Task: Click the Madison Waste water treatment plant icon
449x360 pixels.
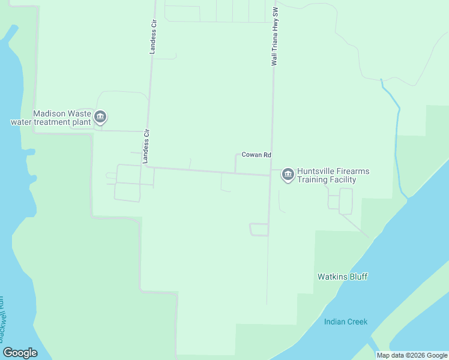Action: [x=100, y=116]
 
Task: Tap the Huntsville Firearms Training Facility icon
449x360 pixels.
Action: [x=288, y=175]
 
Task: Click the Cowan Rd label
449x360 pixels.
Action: [x=256, y=155]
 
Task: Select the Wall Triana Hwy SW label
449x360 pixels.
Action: [x=275, y=37]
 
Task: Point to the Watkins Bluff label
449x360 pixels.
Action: [x=342, y=277]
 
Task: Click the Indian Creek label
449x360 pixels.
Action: [x=346, y=322]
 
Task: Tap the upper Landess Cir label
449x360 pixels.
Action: [x=152, y=36]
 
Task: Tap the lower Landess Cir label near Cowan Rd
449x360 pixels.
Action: [x=145, y=146]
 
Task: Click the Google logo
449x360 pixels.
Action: [x=20, y=353]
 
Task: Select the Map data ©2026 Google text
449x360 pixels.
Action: [x=412, y=355]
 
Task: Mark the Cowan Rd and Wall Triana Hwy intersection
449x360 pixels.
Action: [x=270, y=175]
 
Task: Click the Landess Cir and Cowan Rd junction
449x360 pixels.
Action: [x=146, y=167]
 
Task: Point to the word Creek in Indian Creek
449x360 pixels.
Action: [x=357, y=322]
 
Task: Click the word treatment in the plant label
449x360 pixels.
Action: [x=50, y=122]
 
